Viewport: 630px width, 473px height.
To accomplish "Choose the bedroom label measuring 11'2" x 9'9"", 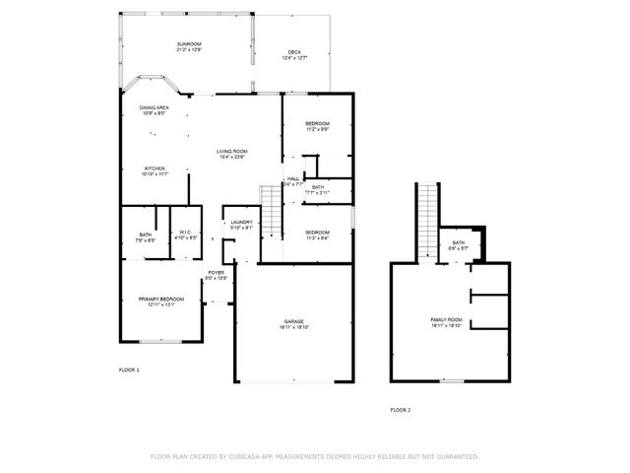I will tap(316, 125).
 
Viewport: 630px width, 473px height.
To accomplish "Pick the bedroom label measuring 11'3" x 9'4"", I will tap(316, 234).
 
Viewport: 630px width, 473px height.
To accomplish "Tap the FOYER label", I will tap(216, 275).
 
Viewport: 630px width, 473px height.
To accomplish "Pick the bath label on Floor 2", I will tap(458, 244).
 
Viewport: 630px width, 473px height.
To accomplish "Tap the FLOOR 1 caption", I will tap(129, 370).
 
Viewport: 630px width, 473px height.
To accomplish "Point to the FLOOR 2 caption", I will tap(400, 409).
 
